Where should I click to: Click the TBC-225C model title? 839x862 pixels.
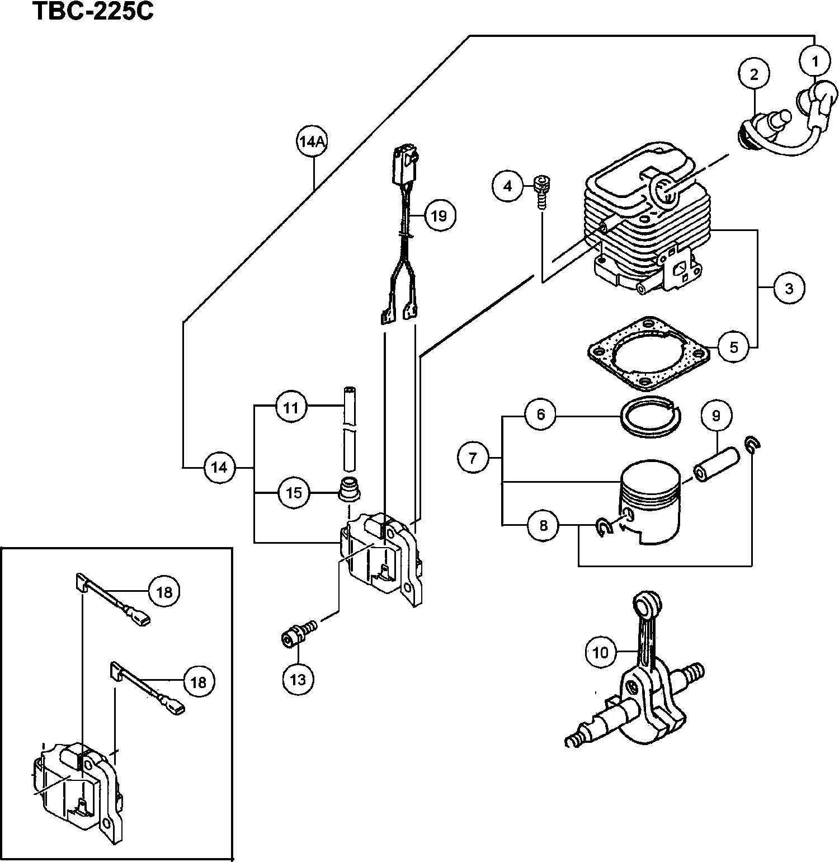point(92,11)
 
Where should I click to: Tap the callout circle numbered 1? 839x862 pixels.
point(814,61)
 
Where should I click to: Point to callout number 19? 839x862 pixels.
point(439,215)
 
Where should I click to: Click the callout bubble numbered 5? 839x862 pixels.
point(734,347)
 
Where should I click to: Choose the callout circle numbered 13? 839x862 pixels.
point(298,679)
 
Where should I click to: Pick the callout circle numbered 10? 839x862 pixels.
point(600,652)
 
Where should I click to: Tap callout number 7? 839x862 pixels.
point(473,459)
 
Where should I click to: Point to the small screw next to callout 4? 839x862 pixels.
point(542,190)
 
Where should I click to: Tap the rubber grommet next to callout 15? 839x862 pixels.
point(350,488)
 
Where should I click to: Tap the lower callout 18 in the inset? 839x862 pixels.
point(199,682)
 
